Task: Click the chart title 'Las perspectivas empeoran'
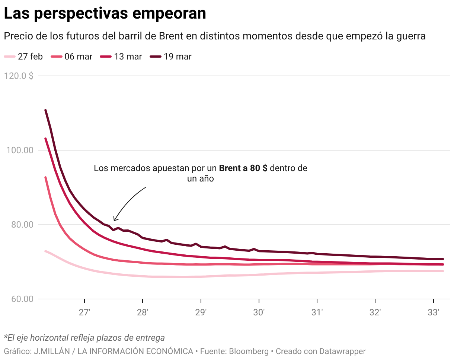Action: click(105, 14)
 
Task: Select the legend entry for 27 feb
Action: click(23, 57)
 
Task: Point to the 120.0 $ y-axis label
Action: click(19, 76)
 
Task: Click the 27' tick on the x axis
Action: click(85, 312)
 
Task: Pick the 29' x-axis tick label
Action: click(201, 312)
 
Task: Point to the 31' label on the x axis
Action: click(317, 312)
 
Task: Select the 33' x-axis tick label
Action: click(433, 312)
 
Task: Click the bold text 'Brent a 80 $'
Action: click(243, 168)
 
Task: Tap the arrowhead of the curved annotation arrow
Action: click(114, 220)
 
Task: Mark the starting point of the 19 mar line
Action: click(45, 110)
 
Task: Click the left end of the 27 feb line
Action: click(45, 251)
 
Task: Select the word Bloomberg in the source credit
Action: click(249, 351)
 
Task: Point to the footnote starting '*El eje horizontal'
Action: click(84, 338)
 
